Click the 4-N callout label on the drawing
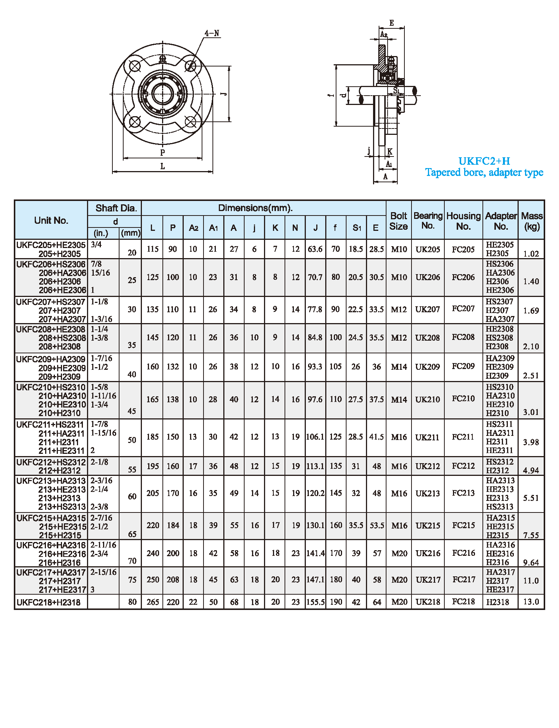(x=212, y=33)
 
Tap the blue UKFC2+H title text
(x=484, y=161)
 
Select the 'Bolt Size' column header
(x=398, y=221)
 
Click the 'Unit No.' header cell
(x=51, y=220)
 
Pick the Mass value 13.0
(x=531, y=602)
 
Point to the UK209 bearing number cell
(x=428, y=367)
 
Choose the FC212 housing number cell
(x=463, y=466)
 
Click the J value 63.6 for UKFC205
(x=315, y=249)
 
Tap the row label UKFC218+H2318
(x=49, y=602)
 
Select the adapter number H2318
(x=497, y=602)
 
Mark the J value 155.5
(x=316, y=602)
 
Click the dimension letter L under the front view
(x=162, y=167)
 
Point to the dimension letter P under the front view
(x=162, y=153)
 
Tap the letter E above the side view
(x=391, y=23)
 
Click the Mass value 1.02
(x=531, y=254)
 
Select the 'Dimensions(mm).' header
(x=255, y=208)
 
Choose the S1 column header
(x=357, y=228)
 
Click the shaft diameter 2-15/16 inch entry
(x=103, y=572)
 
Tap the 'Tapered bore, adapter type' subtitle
(x=484, y=173)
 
